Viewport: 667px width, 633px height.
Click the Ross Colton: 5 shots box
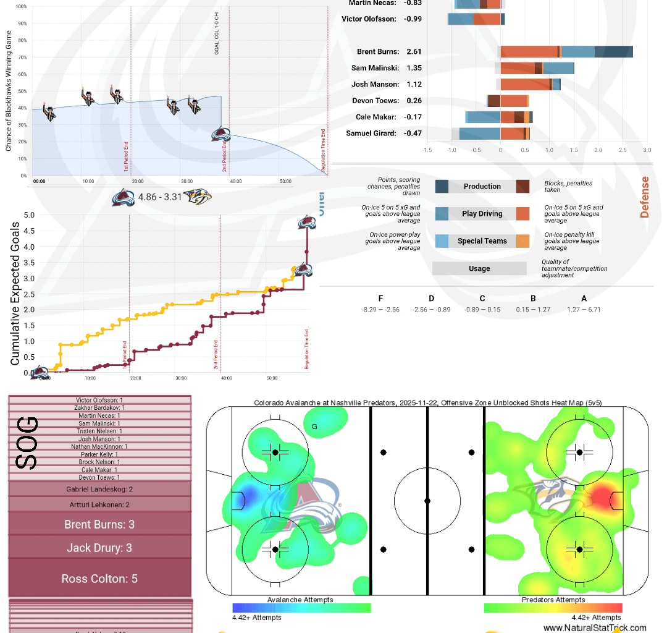click(99, 579)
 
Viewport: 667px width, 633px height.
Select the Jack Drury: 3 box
click(99, 548)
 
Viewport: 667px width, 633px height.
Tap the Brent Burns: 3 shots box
click(99, 524)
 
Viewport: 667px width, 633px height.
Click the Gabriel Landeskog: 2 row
click(99, 489)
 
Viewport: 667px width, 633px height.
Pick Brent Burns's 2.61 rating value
click(414, 52)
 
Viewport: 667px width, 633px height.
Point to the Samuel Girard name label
click(371, 133)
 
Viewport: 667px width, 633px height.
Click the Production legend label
click(482, 186)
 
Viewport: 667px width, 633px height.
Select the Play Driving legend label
click(482, 214)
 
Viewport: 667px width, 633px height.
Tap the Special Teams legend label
click(482, 241)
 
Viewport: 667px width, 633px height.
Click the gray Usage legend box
click(479, 268)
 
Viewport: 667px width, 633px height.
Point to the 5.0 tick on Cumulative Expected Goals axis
click(29, 215)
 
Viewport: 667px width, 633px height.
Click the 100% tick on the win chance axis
click(21, 7)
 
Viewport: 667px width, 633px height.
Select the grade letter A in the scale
click(584, 299)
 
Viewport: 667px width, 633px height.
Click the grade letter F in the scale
click(380, 299)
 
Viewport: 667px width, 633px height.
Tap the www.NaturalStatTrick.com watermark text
click(595, 627)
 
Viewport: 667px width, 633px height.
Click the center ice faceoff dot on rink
click(427, 500)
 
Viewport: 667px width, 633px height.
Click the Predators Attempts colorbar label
click(553, 600)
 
